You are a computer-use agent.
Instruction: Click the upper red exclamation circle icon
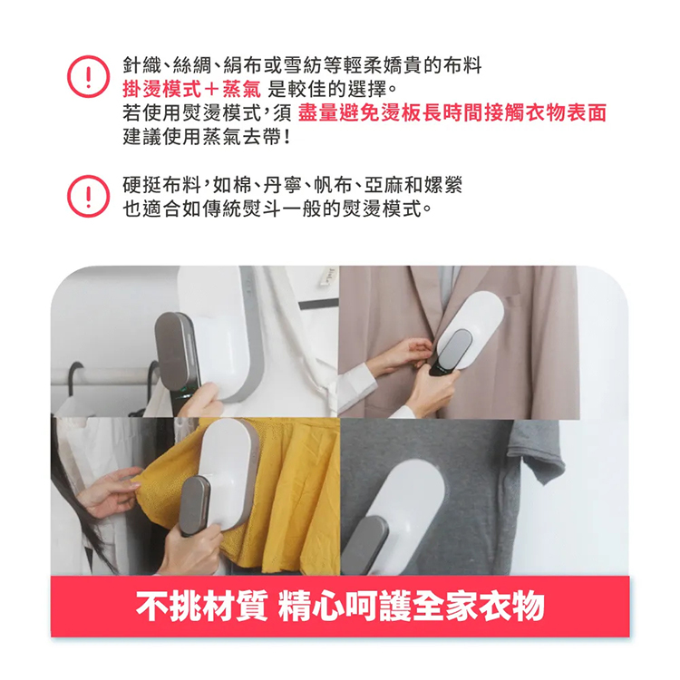[x=88, y=76]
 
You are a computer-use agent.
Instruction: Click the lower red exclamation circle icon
[x=88, y=196]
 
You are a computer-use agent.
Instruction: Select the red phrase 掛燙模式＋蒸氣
[x=192, y=90]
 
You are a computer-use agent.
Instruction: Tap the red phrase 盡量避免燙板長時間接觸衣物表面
[x=452, y=112]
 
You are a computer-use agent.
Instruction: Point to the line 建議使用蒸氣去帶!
[x=207, y=137]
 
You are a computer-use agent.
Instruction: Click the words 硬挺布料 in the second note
[x=161, y=185]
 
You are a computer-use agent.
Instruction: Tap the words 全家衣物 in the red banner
[x=479, y=607]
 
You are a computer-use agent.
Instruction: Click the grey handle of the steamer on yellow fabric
[x=195, y=506]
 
